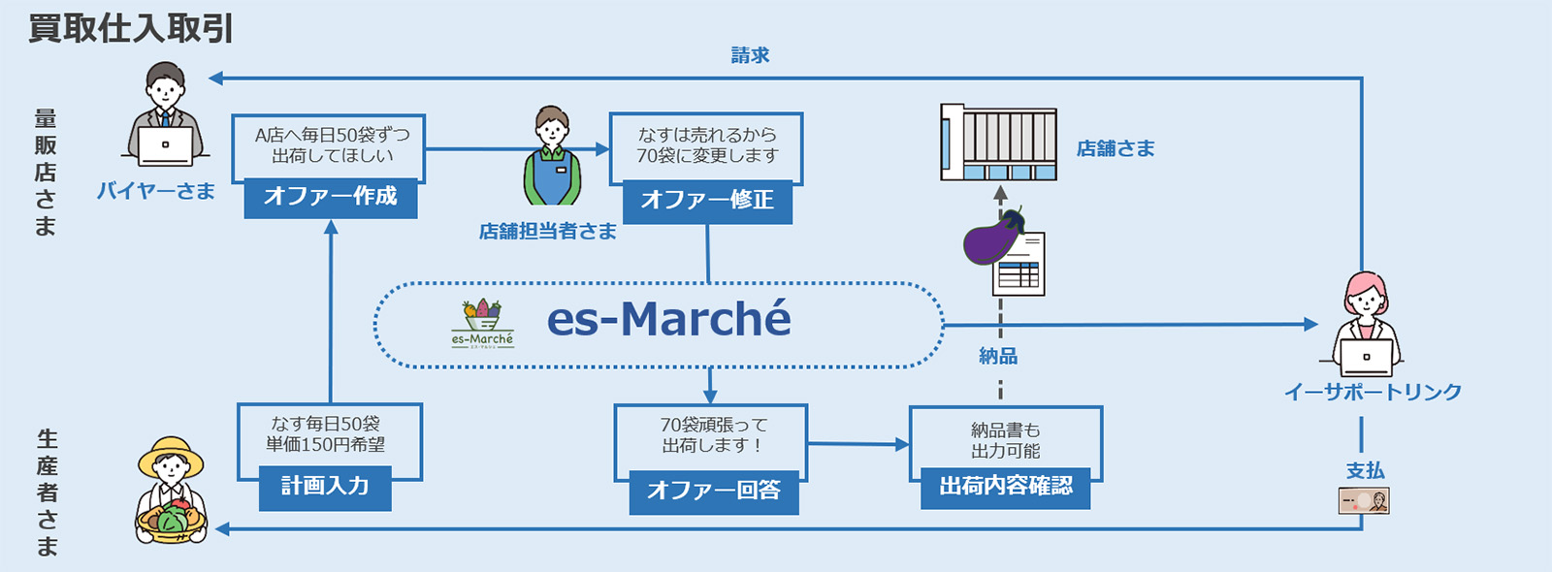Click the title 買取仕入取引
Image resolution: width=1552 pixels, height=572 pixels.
click(131, 28)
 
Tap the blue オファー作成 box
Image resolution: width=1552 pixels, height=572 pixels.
click(330, 197)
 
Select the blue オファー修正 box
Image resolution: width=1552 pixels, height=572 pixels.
click(707, 201)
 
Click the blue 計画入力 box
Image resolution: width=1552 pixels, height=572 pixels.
click(325, 487)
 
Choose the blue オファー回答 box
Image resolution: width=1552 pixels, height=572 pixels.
click(713, 491)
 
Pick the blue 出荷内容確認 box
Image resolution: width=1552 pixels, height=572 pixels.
click(1006, 487)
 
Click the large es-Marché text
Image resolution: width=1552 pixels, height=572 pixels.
click(668, 319)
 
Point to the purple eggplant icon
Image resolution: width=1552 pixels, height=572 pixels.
click(991, 239)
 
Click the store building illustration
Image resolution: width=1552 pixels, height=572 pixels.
click(998, 143)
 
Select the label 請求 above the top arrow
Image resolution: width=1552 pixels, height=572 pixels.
click(750, 55)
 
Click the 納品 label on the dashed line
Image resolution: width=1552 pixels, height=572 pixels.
click(998, 357)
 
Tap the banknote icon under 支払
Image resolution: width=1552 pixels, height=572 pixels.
click(1364, 501)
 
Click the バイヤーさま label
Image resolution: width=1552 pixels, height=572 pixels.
click(155, 191)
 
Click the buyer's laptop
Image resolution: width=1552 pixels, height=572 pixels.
click(165, 145)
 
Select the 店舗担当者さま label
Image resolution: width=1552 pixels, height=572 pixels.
click(548, 232)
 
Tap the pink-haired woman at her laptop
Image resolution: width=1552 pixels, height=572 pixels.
click(1366, 325)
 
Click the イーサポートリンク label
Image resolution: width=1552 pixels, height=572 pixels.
click(1373, 393)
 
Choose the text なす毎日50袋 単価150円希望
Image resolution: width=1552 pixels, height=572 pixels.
click(326, 434)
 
